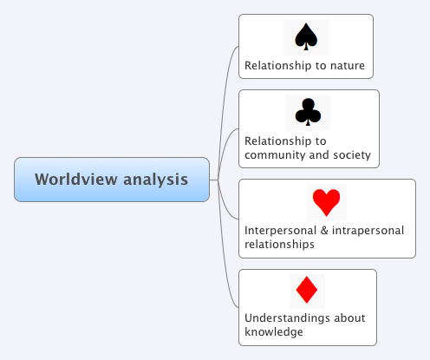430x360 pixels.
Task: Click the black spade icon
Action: click(305, 36)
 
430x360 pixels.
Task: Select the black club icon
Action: click(308, 112)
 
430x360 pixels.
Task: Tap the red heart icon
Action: click(326, 202)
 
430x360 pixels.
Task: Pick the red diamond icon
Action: click(307, 290)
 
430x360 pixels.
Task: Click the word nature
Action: click(345, 65)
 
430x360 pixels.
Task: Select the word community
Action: click(276, 155)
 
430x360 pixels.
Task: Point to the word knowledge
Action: click(273, 331)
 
